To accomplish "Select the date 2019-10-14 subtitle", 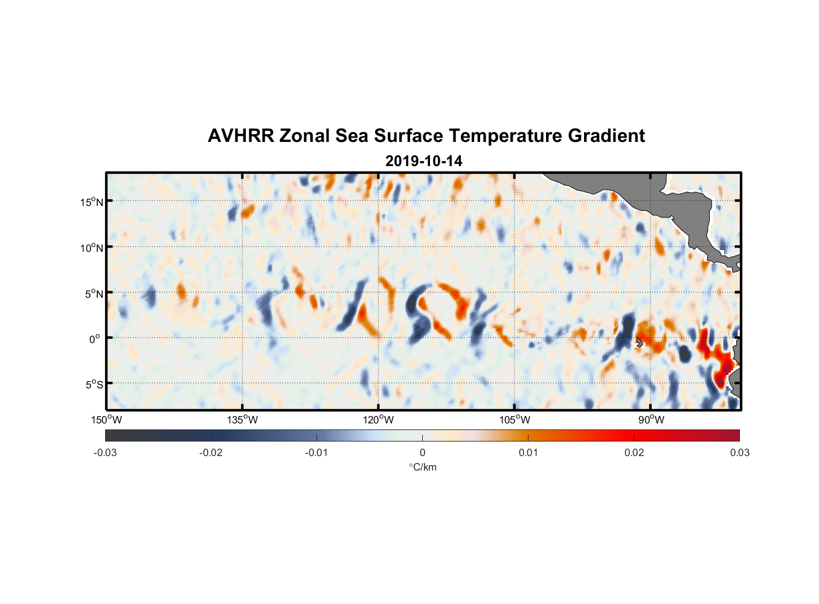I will click(423, 161).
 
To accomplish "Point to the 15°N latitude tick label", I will click(91, 202).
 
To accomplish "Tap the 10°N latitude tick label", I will click(91, 248).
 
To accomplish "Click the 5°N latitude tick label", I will click(93, 294).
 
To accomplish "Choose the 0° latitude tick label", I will click(95, 339).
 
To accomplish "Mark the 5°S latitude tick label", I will click(93, 384).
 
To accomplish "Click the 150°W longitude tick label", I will click(106, 420).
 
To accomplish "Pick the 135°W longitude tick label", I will click(242, 420).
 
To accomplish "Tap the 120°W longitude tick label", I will click(378, 420).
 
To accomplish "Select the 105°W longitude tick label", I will click(515, 420).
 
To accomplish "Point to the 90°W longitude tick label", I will click(651, 420).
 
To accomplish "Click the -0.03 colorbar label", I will click(105, 452).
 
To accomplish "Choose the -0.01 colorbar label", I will click(316, 452).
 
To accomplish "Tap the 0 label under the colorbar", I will click(422, 452).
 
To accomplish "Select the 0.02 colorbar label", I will click(634, 452).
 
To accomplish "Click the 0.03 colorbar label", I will click(739, 452).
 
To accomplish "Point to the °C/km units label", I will click(423, 467).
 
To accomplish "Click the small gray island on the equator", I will click(639, 342).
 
